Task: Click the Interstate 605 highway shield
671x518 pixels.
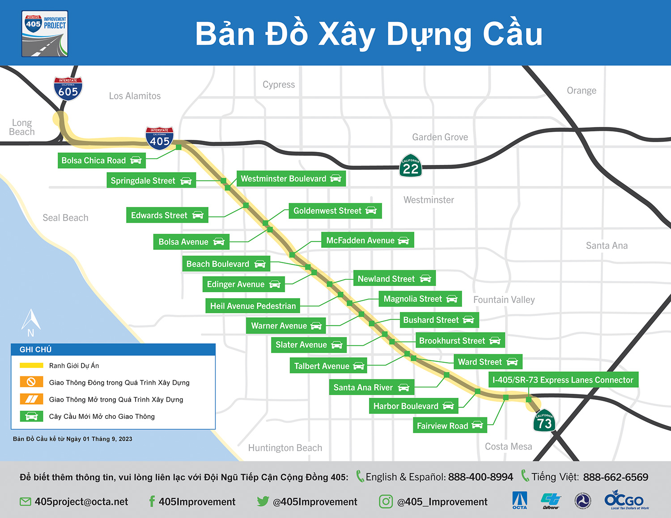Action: coord(68,88)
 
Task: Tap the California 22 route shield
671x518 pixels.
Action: coord(411,166)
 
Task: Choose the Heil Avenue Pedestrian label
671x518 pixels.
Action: coord(253,306)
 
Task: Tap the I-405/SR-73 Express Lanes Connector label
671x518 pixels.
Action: coord(563,380)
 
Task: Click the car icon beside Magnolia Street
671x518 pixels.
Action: coord(452,299)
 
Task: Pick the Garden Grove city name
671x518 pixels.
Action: coord(440,137)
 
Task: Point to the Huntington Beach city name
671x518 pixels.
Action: coord(285,448)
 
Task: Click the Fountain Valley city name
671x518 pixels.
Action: coord(504,299)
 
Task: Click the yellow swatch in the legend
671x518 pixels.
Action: coord(31,366)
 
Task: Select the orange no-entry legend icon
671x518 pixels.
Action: coord(31,382)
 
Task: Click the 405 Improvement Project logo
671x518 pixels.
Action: coord(45,34)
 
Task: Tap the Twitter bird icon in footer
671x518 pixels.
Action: coord(263,501)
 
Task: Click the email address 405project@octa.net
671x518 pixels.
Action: coord(81,502)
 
